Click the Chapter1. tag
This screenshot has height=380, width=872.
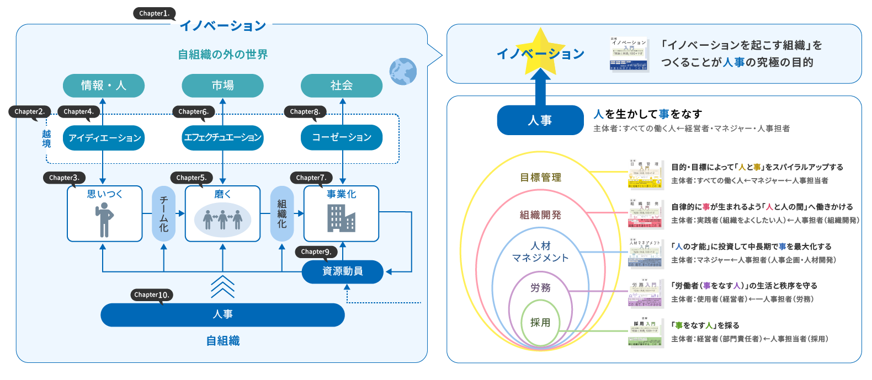pos(154,13)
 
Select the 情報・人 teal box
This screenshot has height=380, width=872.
pos(104,85)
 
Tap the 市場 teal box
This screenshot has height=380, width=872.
pos(222,85)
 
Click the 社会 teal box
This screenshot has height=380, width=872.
pos(342,85)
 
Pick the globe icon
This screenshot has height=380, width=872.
pos(403,72)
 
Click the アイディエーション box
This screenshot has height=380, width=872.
pos(104,137)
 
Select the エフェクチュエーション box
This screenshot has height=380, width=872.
pos(222,137)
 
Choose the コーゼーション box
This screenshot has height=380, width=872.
pos(342,137)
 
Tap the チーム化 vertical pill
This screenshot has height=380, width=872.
pos(163,213)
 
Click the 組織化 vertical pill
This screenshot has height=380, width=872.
pos(282,213)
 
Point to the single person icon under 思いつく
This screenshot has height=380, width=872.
pos(104,220)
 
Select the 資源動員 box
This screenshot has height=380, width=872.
pos(342,271)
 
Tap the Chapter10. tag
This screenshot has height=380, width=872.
pos(152,295)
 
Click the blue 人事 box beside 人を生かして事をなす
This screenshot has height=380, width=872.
pos(540,120)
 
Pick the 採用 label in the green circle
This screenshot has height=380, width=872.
pos(540,323)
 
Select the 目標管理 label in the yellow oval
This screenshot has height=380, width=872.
pos(540,178)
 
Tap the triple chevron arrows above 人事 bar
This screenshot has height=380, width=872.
pos(222,286)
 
